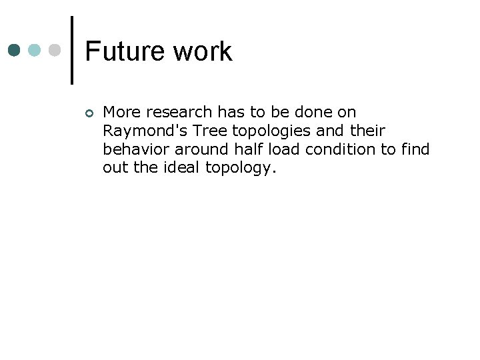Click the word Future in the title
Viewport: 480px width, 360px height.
[x=125, y=51]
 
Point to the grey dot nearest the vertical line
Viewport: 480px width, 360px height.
[x=55, y=51]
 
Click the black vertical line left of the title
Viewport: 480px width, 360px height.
[x=72, y=51]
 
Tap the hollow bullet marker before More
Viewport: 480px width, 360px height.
[x=89, y=112]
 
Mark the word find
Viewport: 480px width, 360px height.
[x=415, y=149]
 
